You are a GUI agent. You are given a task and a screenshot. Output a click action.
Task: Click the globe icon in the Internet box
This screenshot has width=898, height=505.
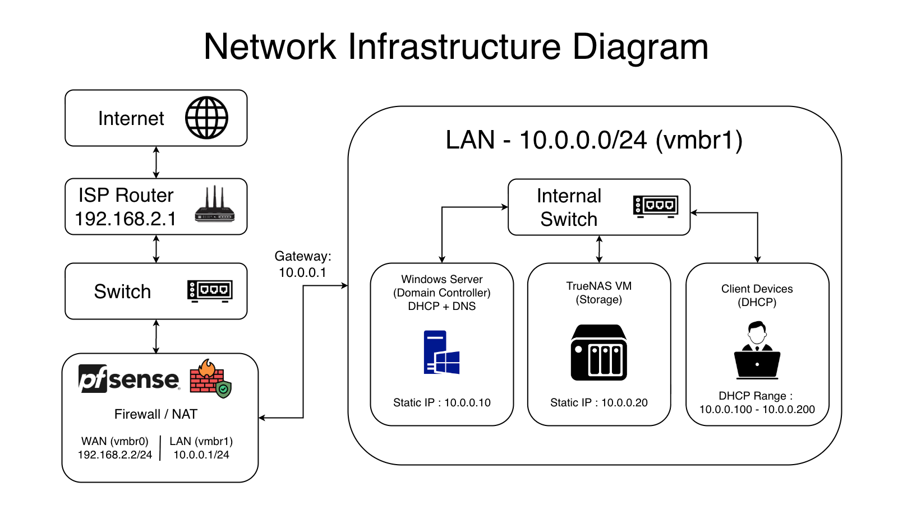coord(206,118)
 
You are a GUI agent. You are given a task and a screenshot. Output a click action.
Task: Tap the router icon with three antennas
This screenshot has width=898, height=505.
coord(215,205)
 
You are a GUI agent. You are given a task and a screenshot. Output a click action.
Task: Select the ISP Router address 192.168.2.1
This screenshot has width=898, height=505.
coord(126,219)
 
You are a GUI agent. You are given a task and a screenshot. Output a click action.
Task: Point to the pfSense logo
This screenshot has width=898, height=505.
coord(129,379)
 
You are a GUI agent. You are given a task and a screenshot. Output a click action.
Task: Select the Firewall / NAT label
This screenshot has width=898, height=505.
coord(156,414)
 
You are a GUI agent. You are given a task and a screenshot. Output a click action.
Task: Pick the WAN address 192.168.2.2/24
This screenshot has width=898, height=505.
coord(115,455)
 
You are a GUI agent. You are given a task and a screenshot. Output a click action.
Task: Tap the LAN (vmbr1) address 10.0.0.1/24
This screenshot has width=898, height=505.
coord(201,455)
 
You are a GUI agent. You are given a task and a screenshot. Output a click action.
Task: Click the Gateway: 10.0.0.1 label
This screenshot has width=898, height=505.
coord(303,265)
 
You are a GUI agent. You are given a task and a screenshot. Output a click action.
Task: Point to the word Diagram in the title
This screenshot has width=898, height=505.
coord(640,47)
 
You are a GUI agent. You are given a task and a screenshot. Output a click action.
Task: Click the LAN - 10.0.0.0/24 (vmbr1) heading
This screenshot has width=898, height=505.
coord(594,140)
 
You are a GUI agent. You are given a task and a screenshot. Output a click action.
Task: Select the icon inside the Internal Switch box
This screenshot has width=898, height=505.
coord(656,206)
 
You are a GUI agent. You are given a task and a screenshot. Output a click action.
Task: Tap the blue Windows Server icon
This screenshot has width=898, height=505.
coord(441,353)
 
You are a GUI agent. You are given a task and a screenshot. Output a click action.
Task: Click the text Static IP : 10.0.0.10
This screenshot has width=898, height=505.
coord(442,402)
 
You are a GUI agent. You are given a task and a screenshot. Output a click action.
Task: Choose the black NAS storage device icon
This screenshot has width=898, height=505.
coord(599,353)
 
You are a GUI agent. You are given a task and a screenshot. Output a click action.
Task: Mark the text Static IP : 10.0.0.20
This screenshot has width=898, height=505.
coord(599,402)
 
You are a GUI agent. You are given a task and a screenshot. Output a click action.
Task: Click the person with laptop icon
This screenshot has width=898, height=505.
coord(757,351)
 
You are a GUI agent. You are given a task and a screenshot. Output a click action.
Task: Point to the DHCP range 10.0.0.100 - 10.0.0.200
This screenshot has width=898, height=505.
coord(757,410)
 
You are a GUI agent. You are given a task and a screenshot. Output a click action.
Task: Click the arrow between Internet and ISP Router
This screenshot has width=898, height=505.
coord(156,163)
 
